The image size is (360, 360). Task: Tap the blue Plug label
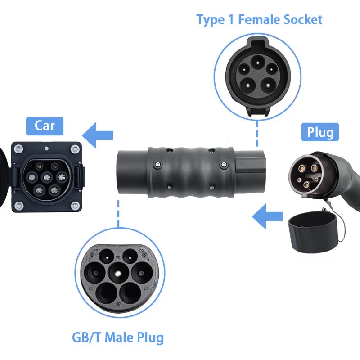click(320, 132)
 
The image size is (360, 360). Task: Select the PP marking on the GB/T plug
click(95, 251)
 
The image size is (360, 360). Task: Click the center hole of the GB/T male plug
click(118, 273)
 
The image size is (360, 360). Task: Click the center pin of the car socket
click(46, 177)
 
